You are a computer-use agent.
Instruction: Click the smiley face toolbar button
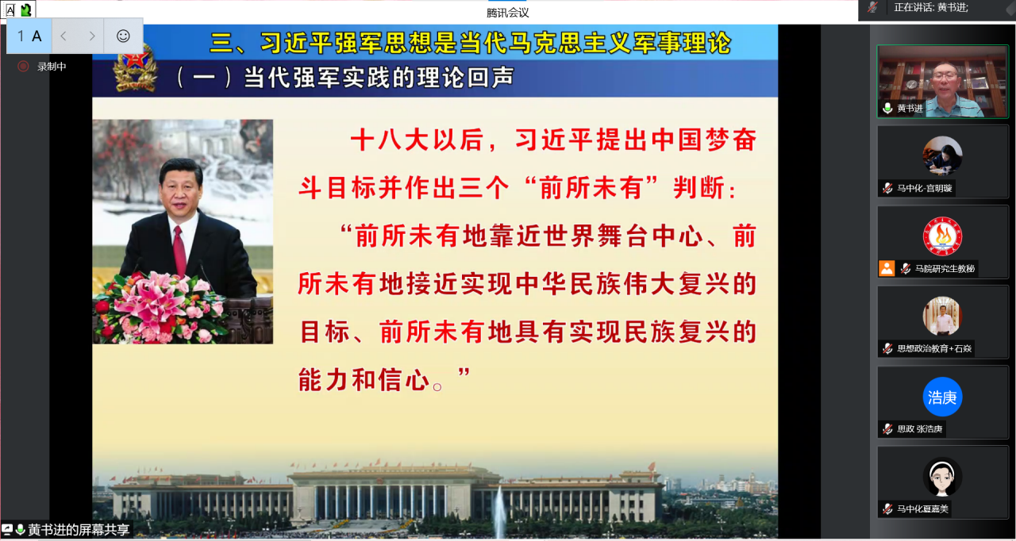[x=123, y=36]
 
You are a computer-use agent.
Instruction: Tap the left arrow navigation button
[x=64, y=36]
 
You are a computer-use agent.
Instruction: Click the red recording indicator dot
[x=23, y=67]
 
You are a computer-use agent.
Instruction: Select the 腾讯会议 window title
[x=507, y=13]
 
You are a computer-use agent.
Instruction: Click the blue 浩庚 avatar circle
[x=942, y=397]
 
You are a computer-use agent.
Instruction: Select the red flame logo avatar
[x=942, y=236]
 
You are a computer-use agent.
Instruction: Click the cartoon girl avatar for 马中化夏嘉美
[x=942, y=477]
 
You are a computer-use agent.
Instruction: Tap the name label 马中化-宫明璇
[x=924, y=188]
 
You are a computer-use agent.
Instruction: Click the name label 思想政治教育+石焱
[x=934, y=348]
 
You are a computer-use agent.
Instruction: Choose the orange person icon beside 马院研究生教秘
[x=887, y=268]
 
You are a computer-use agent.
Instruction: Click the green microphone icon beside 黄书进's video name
[x=887, y=109]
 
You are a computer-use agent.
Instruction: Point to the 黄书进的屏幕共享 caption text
[x=79, y=530]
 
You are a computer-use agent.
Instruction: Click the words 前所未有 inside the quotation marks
[x=592, y=187]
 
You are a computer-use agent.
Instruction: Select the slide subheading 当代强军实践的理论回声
[x=379, y=78]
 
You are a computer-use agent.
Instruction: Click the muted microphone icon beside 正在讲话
[x=872, y=7]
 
